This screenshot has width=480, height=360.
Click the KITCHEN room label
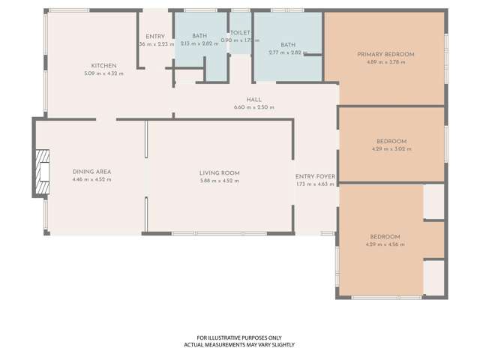pyautogui.click(x=103, y=66)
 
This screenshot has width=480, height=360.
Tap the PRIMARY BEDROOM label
pyautogui.click(x=385, y=55)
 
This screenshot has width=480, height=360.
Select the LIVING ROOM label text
pyautogui.click(x=220, y=173)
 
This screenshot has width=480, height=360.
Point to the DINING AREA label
pyautogui.click(x=91, y=172)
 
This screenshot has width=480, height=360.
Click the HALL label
pyautogui.click(x=253, y=100)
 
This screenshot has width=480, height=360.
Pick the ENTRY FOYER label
pyautogui.click(x=315, y=177)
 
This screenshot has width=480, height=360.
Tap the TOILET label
pyautogui.click(x=240, y=33)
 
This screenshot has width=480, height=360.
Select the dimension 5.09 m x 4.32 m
pyautogui.click(x=103, y=73)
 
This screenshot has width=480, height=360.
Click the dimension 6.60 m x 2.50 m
pyautogui.click(x=253, y=107)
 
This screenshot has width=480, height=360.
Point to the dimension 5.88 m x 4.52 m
pyautogui.click(x=220, y=181)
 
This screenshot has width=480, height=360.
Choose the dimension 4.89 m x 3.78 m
pyautogui.click(x=385, y=62)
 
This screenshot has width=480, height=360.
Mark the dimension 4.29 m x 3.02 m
pyautogui.click(x=391, y=149)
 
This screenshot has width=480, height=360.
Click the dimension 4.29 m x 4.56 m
pyautogui.click(x=385, y=244)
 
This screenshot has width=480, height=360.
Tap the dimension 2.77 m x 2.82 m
pyautogui.click(x=288, y=52)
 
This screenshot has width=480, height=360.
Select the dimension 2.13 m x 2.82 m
pyautogui.click(x=199, y=44)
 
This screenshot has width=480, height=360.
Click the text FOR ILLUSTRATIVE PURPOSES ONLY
pyautogui.click(x=239, y=337)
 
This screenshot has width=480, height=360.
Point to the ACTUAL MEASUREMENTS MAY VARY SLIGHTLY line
pyautogui.click(x=239, y=345)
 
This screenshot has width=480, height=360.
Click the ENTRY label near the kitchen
pyautogui.click(x=155, y=37)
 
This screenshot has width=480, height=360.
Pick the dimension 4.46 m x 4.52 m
pyautogui.click(x=91, y=179)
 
